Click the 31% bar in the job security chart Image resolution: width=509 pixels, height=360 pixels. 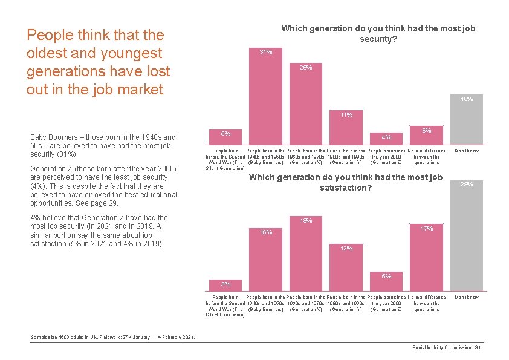pos(266,97)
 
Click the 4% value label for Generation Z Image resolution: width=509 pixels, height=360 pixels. pos(387,136)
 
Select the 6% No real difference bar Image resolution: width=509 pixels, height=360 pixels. pos(427,134)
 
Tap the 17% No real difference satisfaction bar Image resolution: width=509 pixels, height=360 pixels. pos(427,257)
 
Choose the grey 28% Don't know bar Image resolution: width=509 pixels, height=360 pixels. pos(467,236)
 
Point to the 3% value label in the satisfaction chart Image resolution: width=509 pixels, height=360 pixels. pos(225,284)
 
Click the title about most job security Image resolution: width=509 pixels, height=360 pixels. pos(378,33)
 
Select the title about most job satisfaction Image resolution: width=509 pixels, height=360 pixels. pos(346,182)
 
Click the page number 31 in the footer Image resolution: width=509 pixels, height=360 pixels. pos(478,347)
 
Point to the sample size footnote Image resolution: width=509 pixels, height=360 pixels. pos(112,337)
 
